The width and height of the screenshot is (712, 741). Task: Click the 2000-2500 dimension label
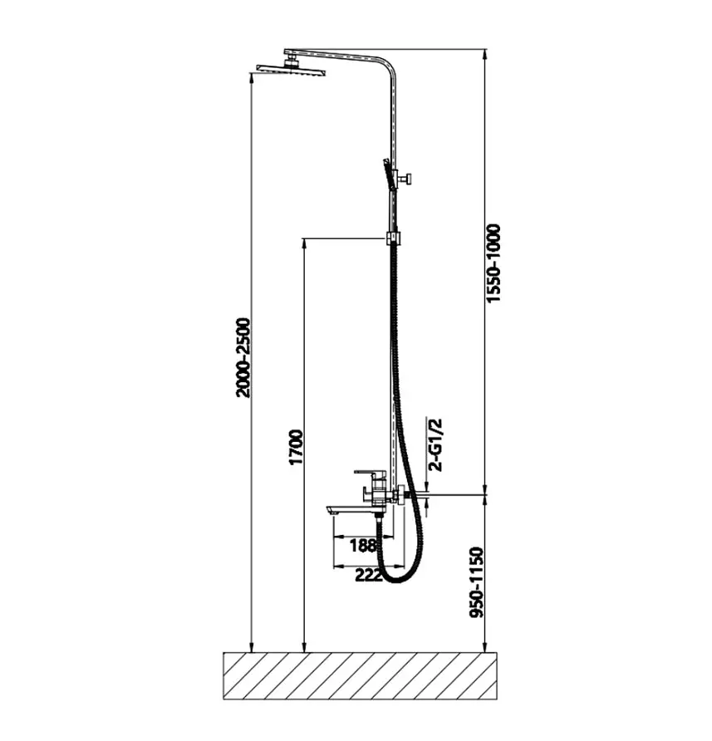click(x=243, y=358)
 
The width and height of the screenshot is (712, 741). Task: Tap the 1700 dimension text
click(x=296, y=447)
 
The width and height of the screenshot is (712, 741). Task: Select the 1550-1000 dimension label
click(x=493, y=263)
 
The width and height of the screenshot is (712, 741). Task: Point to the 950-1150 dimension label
click(x=477, y=582)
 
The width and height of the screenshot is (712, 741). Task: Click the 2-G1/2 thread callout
click(x=435, y=444)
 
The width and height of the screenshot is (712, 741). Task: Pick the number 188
click(x=363, y=545)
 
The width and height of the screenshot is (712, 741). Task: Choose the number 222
click(x=368, y=575)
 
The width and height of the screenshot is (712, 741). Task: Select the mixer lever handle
click(x=370, y=472)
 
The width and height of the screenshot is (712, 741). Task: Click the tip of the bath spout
click(x=328, y=510)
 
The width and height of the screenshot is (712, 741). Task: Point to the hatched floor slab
click(x=360, y=675)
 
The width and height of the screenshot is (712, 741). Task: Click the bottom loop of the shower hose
click(x=398, y=581)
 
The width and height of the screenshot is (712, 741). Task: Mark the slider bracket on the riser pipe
click(x=393, y=238)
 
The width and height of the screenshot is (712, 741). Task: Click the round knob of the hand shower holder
click(x=406, y=179)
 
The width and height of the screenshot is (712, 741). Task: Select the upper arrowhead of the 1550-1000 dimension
click(x=484, y=54)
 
